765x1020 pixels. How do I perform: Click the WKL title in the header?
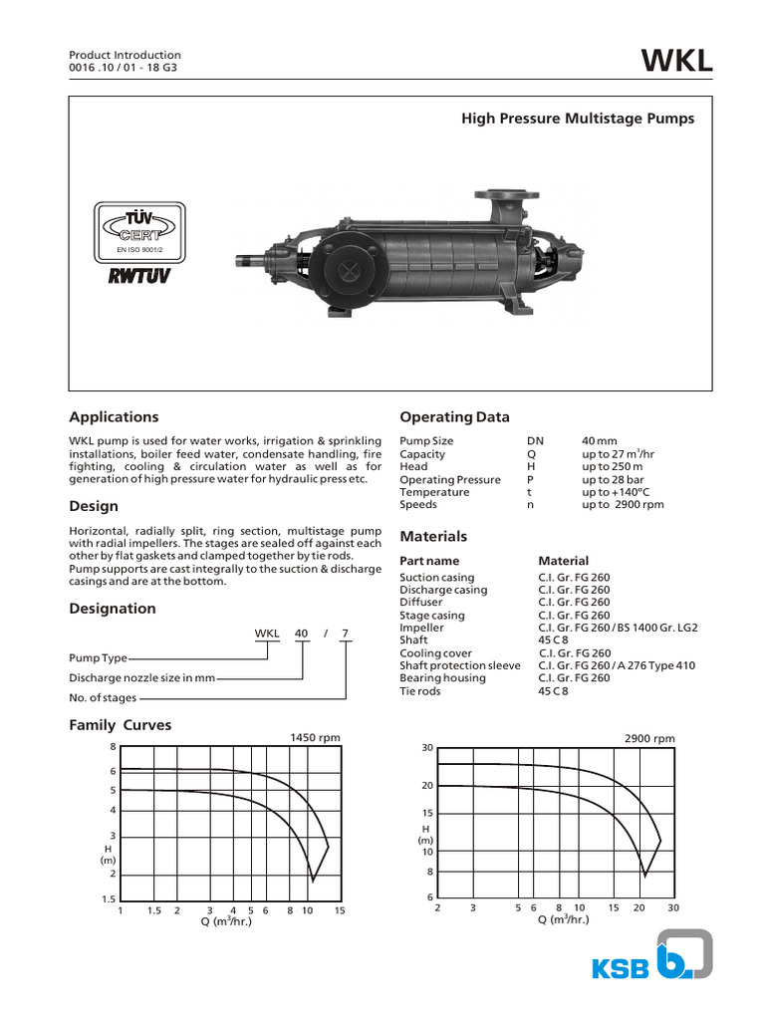pyautogui.click(x=677, y=62)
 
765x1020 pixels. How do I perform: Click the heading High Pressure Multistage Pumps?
pyautogui.click(x=577, y=119)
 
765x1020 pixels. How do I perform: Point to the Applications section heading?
pyautogui.click(x=114, y=417)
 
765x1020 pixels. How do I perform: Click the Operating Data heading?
pyautogui.click(x=454, y=417)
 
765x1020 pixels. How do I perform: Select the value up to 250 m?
pyautogui.click(x=612, y=466)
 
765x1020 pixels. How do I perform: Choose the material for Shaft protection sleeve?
pyautogui.click(x=617, y=665)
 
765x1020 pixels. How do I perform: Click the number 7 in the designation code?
pyautogui.click(x=345, y=634)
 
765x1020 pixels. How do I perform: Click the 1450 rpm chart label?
pyautogui.click(x=315, y=738)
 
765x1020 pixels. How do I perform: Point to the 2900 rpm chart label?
pyautogui.click(x=649, y=738)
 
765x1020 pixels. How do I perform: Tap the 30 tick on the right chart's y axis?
pyautogui.click(x=427, y=748)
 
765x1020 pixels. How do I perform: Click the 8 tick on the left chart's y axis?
pyautogui.click(x=114, y=746)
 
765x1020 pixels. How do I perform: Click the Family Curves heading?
pyautogui.click(x=120, y=725)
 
